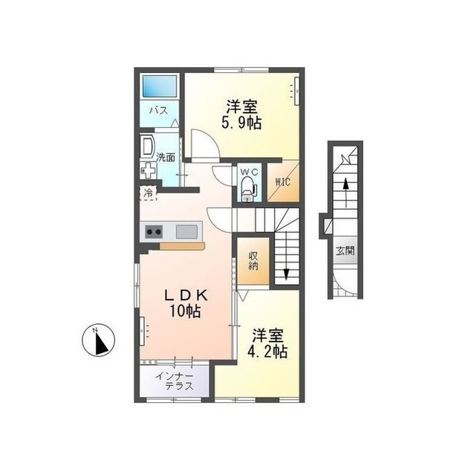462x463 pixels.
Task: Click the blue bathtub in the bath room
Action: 161,86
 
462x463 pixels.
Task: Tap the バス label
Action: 158,111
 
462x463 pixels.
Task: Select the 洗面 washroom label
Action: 166,157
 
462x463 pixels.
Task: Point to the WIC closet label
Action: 283,182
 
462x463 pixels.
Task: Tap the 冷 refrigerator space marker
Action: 148,193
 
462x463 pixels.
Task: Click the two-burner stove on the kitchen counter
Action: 154,231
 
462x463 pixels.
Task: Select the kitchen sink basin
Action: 187,231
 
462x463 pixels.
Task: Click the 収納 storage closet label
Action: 254,260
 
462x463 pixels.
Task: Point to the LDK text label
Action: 187,294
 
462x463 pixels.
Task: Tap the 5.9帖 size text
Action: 241,123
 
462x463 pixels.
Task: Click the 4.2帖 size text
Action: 268,352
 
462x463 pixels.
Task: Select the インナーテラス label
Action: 174,381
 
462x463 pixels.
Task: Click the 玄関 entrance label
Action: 345,251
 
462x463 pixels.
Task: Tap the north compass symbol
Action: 98,341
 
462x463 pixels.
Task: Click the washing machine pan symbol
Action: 148,171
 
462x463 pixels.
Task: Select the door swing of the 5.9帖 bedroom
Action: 205,144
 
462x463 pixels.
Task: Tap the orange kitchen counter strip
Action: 182,246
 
